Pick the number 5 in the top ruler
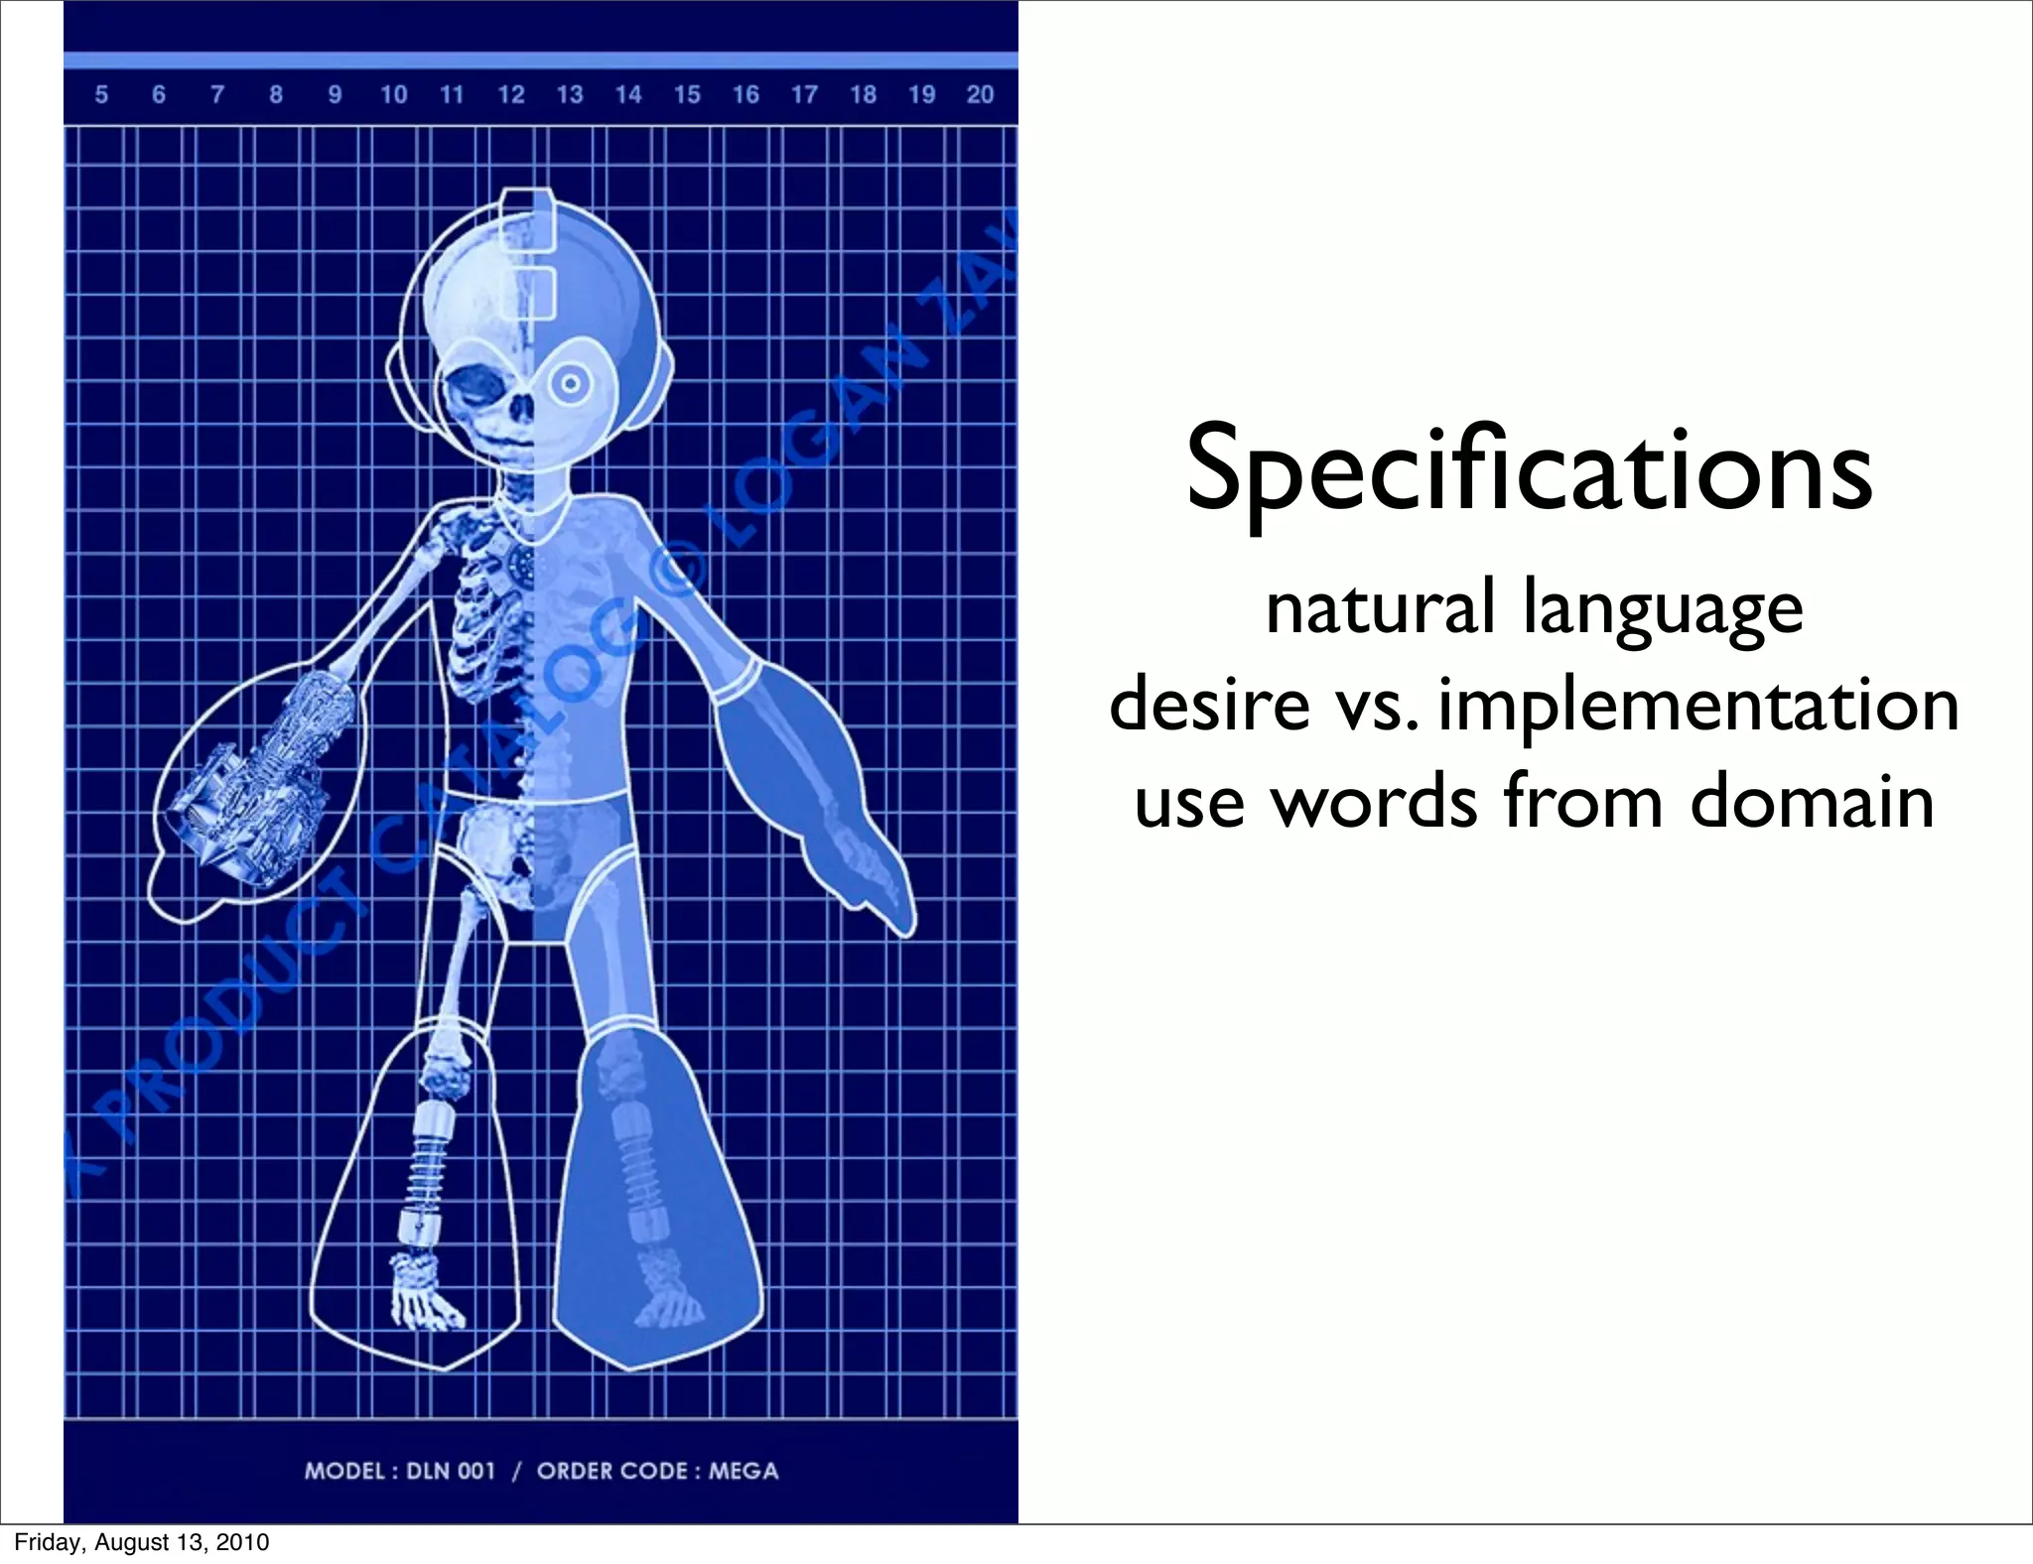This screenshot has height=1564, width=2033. coord(101,95)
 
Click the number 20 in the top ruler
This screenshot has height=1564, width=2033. coord(980,95)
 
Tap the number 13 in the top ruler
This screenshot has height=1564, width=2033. coord(569,95)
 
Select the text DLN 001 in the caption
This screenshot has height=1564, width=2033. coord(451,1470)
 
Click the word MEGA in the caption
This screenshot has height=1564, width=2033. coord(744,1470)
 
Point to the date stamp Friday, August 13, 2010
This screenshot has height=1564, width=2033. coord(141,1543)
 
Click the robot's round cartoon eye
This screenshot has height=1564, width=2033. coord(570,383)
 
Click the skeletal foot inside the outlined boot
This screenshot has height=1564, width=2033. coord(424,1290)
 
